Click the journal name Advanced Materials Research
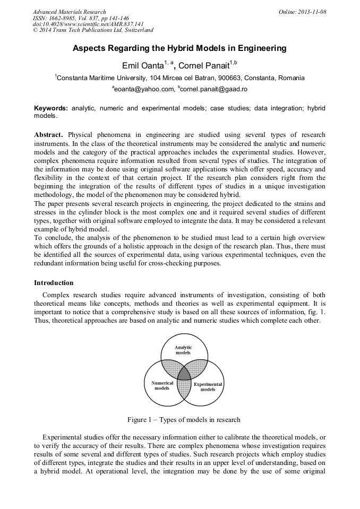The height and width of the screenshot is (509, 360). [69, 12]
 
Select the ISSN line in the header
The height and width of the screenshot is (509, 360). [81, 18]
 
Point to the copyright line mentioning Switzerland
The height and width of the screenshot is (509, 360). [93, 30]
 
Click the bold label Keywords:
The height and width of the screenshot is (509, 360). [51, 108]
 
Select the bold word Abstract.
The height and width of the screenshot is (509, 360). [49, 135]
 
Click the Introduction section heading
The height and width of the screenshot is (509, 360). [54, 282]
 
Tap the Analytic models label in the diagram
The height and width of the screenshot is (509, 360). [183, 350]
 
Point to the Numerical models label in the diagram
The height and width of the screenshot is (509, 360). [162, 385]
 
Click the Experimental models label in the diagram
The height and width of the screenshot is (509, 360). [208, 386]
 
